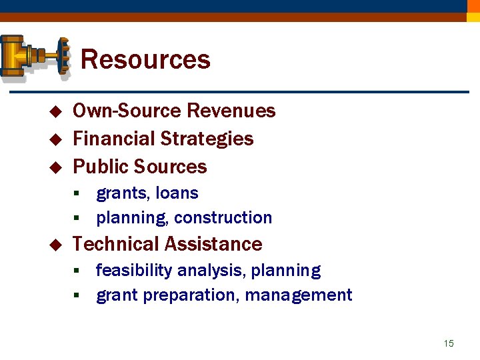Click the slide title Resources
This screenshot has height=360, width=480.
(x=145, y=60)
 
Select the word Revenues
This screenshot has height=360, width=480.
(x=231, y=111)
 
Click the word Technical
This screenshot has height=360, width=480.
(x=117, y=244)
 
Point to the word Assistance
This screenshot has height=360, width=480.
(x=215, y=244)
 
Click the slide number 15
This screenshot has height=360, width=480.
(x=449, y=343)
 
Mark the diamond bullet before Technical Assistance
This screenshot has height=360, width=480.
(x=55, y=245)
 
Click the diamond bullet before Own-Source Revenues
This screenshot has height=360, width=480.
(x=55, y=111)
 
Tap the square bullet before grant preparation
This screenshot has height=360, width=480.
(x=77, y=295)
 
